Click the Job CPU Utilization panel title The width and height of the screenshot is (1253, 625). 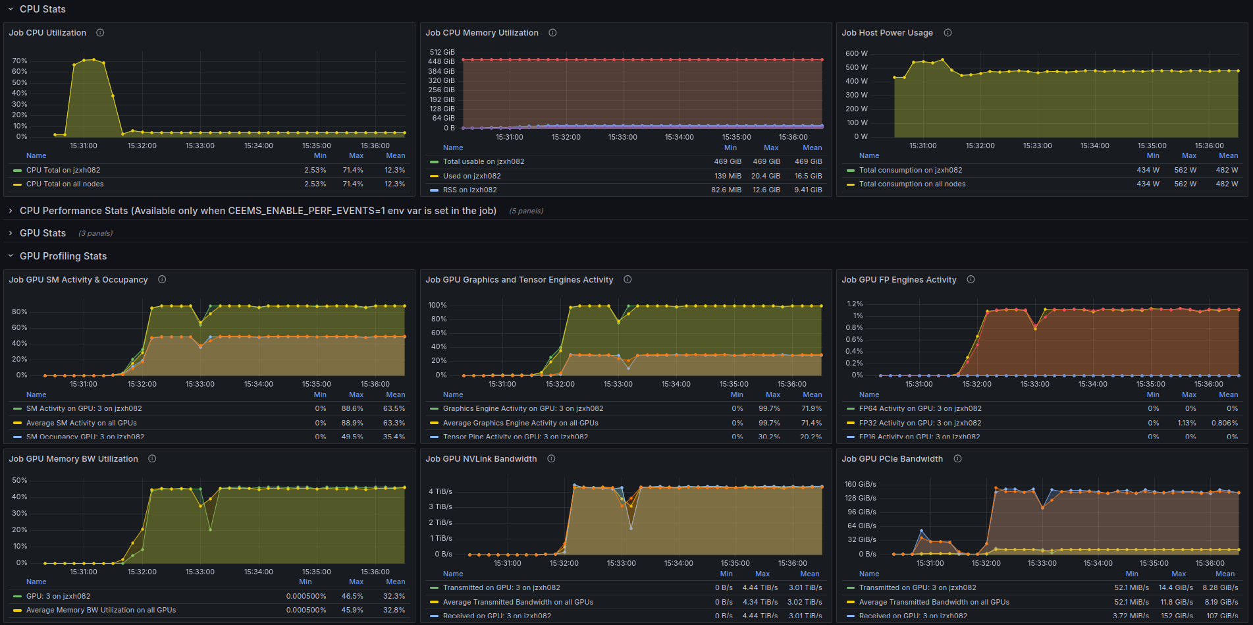tap(47, 33)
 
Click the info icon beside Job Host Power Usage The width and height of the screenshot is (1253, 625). tap(947, 33)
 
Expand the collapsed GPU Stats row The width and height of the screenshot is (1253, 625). tap(43, 233)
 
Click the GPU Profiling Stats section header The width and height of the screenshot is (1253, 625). tap(63, 256)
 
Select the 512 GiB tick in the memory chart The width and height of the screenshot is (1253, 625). tap(442, 52)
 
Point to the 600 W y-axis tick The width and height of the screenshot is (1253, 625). tap(857, 53)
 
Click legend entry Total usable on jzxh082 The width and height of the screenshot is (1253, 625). tap(483, 161)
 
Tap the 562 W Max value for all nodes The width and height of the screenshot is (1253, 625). tap(1185, 184)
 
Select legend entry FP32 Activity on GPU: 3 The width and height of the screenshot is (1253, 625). tap(920, 423)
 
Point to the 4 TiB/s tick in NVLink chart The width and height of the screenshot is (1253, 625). tap(440, 491)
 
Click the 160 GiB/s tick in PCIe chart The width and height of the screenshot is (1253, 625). tap(861, 484)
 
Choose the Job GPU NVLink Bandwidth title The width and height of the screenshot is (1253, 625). tap(481, 459)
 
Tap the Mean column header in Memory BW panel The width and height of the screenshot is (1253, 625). tap(395, 582)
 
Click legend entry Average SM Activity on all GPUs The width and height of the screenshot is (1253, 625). tap(82, 423)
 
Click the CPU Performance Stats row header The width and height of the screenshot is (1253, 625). tap(258, 211)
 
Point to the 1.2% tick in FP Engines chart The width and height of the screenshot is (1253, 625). tap(855, 304)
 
